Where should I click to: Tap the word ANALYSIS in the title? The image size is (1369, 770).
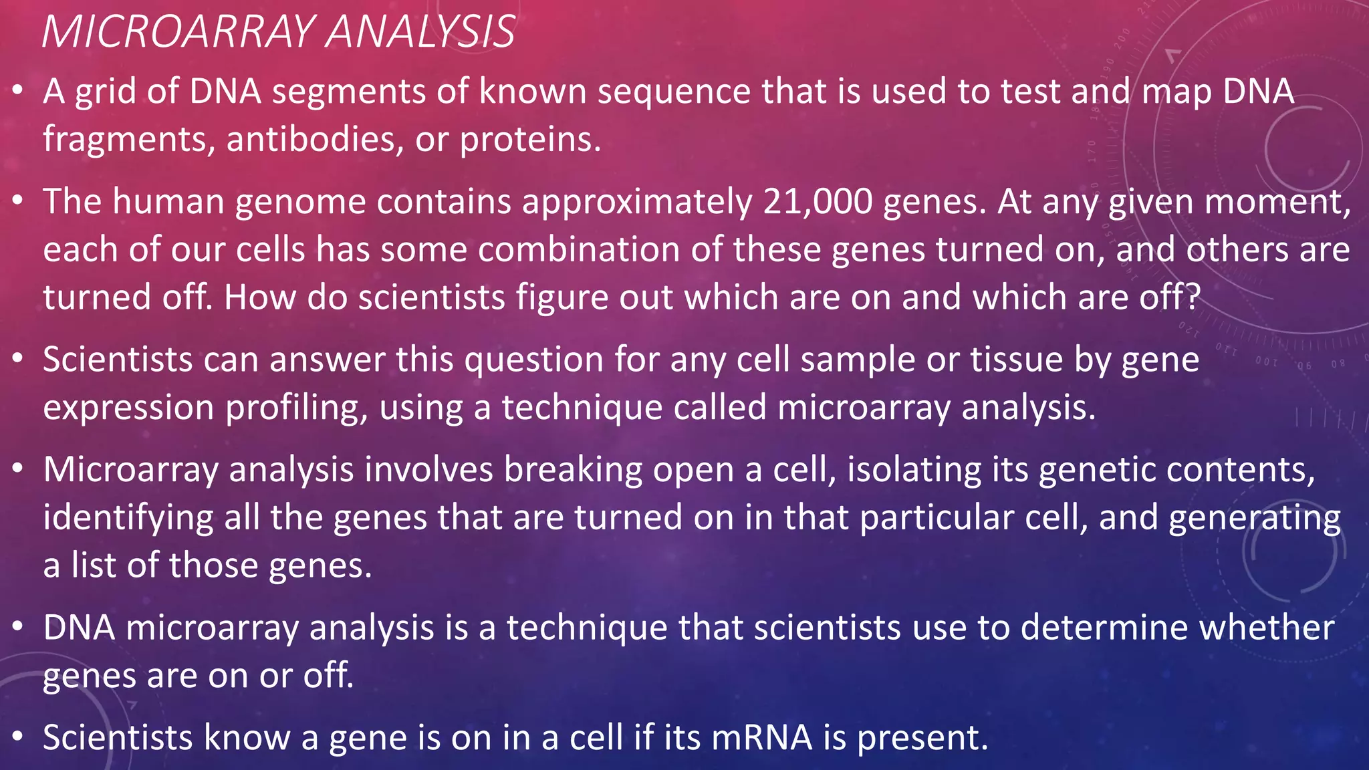click(421, 31)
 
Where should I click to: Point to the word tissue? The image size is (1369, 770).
click(1017, 360)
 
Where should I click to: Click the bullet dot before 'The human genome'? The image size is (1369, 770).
click(18, 200)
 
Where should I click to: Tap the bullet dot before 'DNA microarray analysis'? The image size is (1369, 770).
click(18, 626)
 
